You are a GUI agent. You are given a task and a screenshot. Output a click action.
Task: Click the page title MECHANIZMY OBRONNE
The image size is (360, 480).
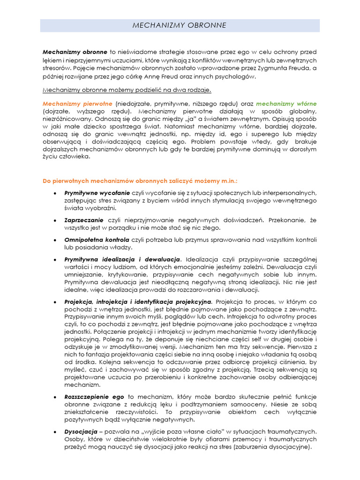180,25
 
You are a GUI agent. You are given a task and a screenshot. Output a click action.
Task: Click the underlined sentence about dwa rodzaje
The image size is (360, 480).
127,90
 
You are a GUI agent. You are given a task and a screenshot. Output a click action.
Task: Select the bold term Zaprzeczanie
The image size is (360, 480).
84,219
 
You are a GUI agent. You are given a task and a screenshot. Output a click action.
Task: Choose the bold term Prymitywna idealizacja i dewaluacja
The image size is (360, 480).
122,259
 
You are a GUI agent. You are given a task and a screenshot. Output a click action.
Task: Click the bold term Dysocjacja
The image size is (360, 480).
80,431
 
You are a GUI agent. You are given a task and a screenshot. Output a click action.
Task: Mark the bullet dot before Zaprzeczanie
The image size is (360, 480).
55,220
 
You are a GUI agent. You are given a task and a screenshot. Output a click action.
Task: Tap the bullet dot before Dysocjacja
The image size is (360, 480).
55,431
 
